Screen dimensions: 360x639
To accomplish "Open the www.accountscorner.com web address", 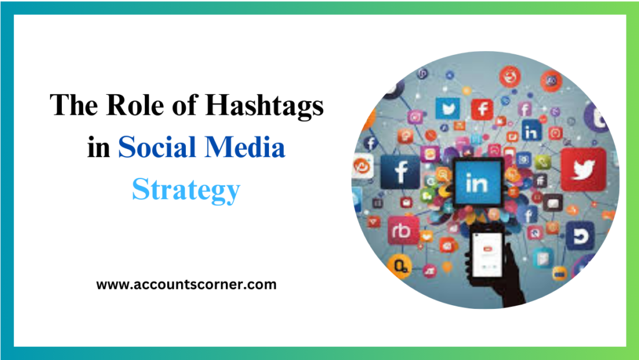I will pos(186,285).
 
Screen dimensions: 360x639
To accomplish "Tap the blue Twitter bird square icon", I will pos(447,108).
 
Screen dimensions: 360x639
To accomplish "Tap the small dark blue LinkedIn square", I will pos(531,131).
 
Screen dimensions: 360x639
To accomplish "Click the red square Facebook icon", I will pos(482,109).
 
